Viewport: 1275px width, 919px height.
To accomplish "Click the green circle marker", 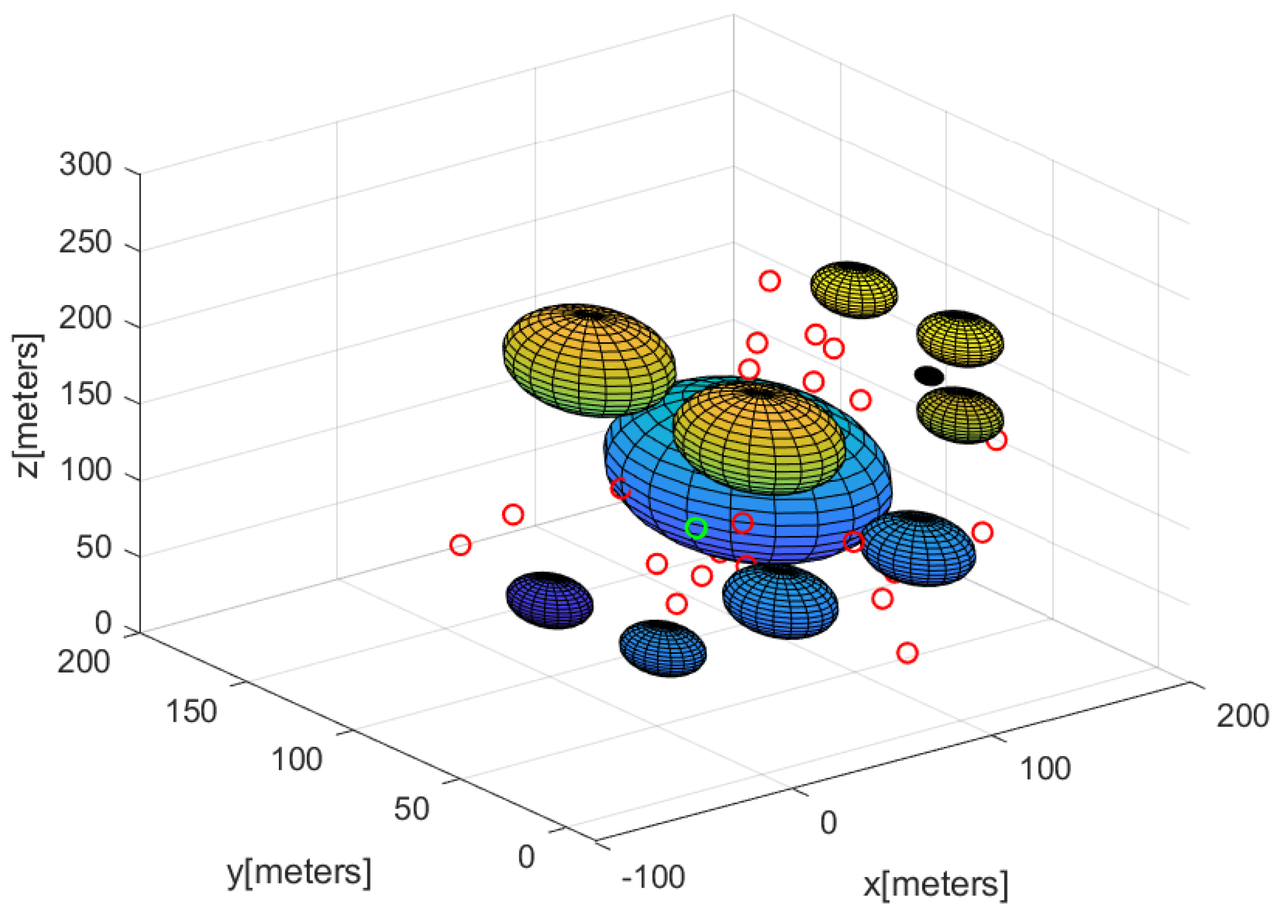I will coord(696,528).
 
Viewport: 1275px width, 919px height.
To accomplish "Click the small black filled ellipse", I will coord(929,375).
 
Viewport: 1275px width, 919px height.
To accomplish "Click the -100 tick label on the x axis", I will coord(653,877).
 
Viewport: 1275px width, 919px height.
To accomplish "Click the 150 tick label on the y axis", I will coord(191,712).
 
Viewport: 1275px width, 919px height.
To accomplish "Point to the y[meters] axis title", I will coord(299,872).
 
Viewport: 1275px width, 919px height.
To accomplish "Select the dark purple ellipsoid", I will coord(549,600).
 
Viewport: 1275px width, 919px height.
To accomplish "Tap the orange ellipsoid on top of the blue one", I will coord(759,438).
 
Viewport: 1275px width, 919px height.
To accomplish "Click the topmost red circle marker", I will coord(770,280).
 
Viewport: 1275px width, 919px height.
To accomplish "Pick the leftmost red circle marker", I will coord(461,545).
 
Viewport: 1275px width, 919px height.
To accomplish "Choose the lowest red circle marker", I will coord(908,653).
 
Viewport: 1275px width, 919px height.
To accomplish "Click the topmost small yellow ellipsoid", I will coord(853,290).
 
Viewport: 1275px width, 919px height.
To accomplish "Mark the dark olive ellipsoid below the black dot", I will coord(960,415).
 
